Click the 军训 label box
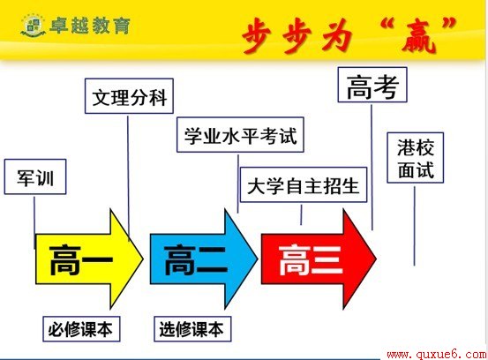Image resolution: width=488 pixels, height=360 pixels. point(35,176)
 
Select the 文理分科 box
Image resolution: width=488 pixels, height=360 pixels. point(129,96)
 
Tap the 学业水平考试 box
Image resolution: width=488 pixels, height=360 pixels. point(240,135)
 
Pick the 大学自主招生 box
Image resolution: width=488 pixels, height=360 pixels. point(304,184)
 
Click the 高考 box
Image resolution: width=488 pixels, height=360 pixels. point(372,85)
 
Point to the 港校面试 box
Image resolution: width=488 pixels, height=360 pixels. point(415,158)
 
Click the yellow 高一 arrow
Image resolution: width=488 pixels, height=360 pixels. point(90,259)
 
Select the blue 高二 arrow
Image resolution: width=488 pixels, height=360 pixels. point(204,259)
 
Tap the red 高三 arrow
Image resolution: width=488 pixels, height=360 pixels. point(319,259)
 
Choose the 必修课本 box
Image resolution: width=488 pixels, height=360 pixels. point(81,329)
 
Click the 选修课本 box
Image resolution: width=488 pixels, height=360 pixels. point(192,329)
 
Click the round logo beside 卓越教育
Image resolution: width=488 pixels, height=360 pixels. point(33,26)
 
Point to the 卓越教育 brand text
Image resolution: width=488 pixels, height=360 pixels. point(90,26)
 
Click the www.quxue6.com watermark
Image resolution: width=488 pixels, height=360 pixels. point(436,355)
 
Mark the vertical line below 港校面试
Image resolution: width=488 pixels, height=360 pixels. point(414,226)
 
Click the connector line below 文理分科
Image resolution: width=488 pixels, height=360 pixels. point(128,178)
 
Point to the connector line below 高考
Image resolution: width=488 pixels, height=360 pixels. point(372,168)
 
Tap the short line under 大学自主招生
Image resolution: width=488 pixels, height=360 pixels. point(301,214)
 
